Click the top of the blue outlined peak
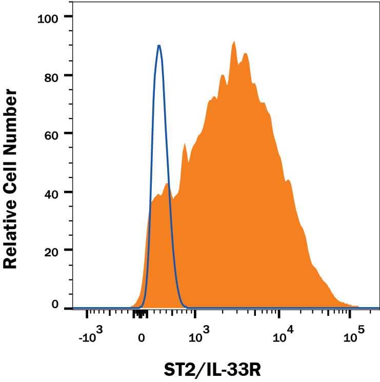pyautogui.click(x=159, y=46)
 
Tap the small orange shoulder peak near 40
pyautogui.click(x=167, y=183)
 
